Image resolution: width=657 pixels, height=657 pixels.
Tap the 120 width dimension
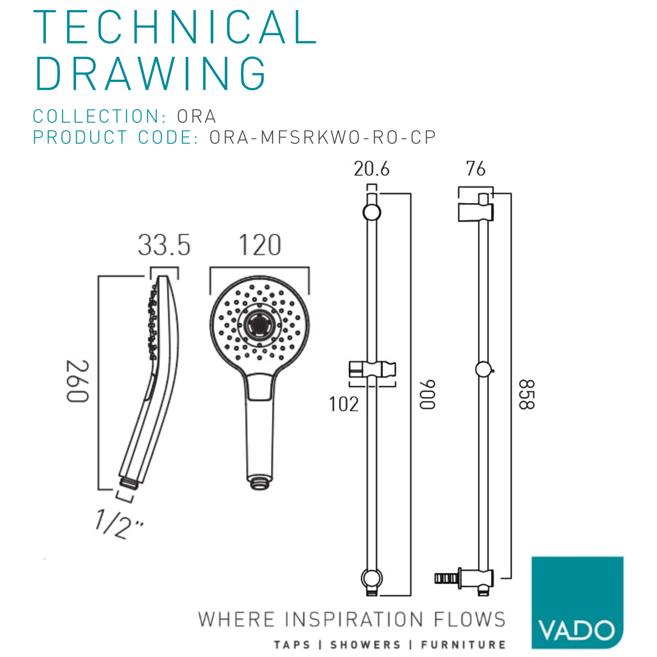click(x=260, y=245)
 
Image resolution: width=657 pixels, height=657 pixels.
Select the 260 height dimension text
click(x=78, y=381)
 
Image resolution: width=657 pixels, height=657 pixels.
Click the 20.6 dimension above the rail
click(x=371, y=169)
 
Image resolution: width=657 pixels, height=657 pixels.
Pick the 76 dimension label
click(x=476, y=169)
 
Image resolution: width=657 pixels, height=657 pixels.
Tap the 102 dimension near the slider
click(x=344, y=404)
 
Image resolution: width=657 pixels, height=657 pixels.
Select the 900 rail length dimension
click(x=427, y=394)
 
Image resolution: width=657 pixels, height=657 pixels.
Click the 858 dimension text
click(x=526, y=394)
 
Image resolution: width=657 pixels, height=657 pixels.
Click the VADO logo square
click(x=577, y=602)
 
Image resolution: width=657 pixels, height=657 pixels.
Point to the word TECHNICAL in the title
click(x=175, y=27)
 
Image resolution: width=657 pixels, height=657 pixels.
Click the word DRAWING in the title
click(x=150, y=74)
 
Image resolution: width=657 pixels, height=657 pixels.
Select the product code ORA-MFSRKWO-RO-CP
click(x=322, y=138)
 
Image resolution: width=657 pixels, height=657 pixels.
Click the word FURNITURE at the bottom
click(x=463, y=645)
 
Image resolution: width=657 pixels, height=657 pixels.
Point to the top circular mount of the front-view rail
click(x=372, y=212)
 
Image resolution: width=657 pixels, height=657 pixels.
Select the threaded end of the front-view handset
click(x=260, y=483)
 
